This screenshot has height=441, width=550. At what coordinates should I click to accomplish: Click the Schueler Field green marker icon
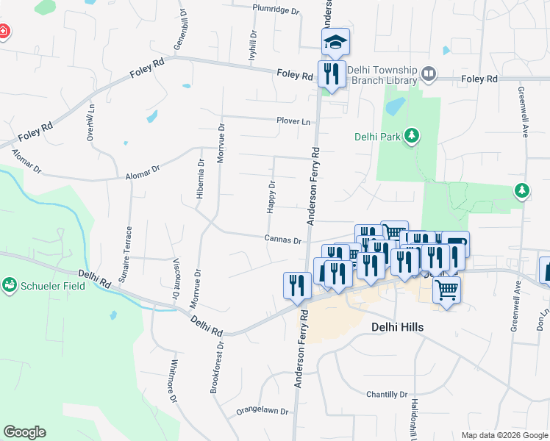click(x=10, y=284)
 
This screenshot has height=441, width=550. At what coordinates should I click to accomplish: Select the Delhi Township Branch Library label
click(x=382, y=74)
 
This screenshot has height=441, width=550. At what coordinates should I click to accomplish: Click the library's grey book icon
click(x=429, y=74)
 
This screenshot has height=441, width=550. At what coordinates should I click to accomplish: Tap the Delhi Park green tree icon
click(x=413, y=135)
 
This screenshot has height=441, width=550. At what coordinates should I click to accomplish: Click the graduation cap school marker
click(x=335, y=42)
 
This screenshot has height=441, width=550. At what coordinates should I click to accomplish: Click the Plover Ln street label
click(x=293, y=121)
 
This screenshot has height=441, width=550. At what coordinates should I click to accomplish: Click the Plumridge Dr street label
click(x=276, y=10)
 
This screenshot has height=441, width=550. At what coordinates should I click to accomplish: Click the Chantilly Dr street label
click(x=387, y=395)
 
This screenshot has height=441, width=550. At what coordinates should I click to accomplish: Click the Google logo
click(x=24, y=432)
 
